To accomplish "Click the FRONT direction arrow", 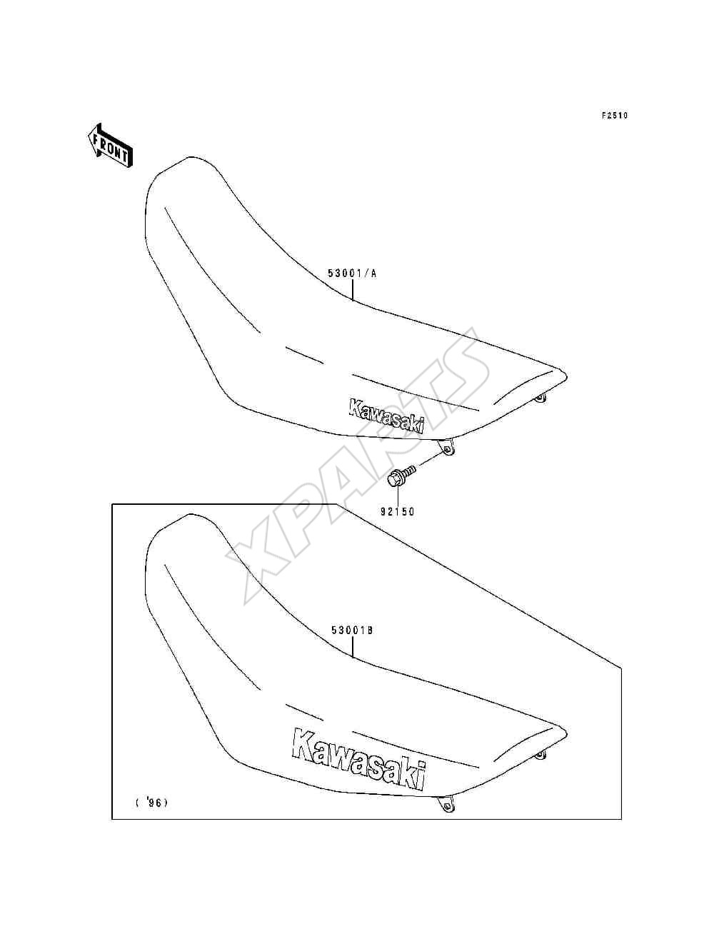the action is click(x=110, y=146).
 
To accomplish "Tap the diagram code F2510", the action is click(x=615, y=115).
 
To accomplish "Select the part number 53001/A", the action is click(x=352, y=273).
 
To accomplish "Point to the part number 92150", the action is click(x=398, y=511).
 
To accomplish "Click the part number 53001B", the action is click(x=352, y=643).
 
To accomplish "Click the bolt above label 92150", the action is click(x=401, y=476).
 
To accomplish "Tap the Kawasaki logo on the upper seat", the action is click(x=387, y=416).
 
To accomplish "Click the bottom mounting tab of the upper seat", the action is click(x=446, y=447).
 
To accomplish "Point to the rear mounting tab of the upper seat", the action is click(x=540, y=398).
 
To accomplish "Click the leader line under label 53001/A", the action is click(x=353, y=290).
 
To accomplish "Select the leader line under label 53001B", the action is click(x=353, y=659).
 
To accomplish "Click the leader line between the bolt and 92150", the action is click(x=398, y=496).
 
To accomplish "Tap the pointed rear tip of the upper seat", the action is click(x=567, y=376).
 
